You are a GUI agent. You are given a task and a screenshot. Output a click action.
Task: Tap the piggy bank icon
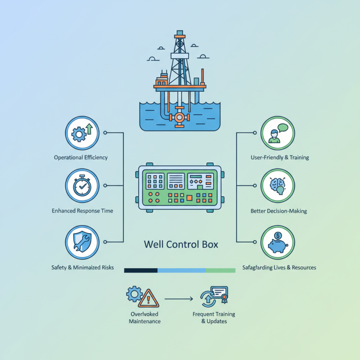278,242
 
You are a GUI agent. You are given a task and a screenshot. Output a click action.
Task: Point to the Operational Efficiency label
81,157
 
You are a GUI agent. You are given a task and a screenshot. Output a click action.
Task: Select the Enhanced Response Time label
82,211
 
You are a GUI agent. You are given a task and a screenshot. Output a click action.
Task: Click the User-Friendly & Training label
279,157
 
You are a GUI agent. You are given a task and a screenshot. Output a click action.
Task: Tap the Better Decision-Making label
279,211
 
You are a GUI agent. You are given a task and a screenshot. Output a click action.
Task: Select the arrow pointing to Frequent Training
179,298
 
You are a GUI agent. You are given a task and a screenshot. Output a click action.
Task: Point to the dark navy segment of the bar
140,270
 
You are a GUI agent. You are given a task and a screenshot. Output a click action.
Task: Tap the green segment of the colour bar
220,270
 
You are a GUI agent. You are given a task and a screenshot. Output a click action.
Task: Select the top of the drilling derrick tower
180,34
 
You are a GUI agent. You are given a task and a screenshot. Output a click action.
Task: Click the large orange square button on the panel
189,198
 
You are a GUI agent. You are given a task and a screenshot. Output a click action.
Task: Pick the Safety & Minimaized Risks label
82,268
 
